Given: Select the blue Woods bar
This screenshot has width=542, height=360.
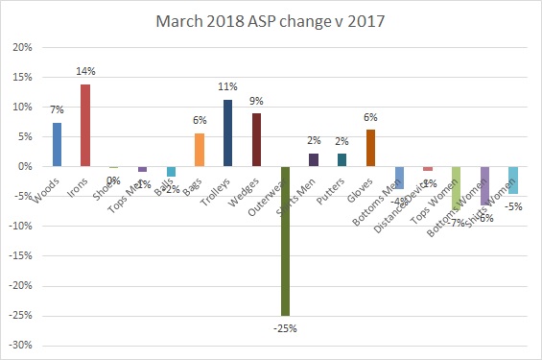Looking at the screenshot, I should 57,145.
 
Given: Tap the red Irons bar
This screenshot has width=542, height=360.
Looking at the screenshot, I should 85,126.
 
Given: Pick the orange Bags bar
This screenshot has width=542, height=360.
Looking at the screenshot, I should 200,150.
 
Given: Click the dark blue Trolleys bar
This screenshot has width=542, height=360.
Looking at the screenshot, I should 227,133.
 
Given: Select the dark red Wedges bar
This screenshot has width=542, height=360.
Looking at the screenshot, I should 256,140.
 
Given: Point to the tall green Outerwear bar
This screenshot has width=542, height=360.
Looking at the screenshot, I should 285,241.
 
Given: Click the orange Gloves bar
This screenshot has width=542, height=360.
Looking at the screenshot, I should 370,148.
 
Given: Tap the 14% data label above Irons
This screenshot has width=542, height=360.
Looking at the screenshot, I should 87,73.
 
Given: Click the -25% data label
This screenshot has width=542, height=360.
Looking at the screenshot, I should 286,328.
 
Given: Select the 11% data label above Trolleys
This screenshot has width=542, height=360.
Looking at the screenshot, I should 229,89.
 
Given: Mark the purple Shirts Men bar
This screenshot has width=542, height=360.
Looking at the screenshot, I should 313,160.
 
